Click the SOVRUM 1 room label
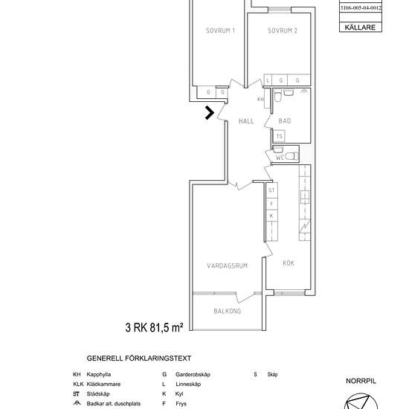(x=220, y=30)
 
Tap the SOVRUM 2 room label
(x=283, y=30)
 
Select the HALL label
(x=246, y=121)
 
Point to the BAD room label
(x=285, y=121)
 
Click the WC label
(x=280, y=158)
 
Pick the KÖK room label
(x=289, y=263)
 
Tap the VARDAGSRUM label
(x=228, y=265)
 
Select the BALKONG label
(x=228, y=311)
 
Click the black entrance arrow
(x=210, y=113)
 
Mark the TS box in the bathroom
(x=280, y=136)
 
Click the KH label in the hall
(x=260, y=99)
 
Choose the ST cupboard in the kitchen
(x=271, y=190)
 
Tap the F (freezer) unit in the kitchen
(x=271, y=204)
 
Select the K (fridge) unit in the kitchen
(x=271, y=216)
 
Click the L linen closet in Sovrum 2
(x=268, y=80)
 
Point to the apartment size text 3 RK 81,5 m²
(x=154, y=327)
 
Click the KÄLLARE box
(x=361, y=27)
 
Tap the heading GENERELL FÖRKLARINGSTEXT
(x=139, y=358)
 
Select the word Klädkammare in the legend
(x=103, y=384)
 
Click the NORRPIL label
(x=361, y=381)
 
